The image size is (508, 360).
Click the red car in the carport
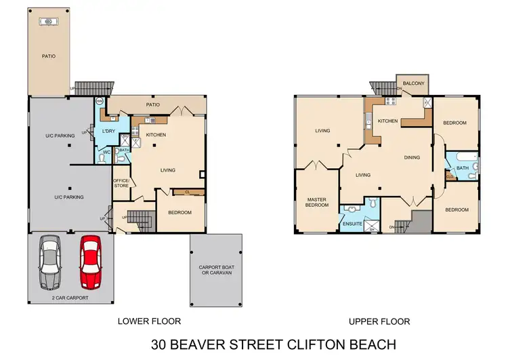tap(90, 261)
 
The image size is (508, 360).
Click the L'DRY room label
tap(108, 130)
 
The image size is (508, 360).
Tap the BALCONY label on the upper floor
tap(413, 83)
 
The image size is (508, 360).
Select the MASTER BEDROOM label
tap(316, 201)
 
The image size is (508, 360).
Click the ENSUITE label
tap(353, 223)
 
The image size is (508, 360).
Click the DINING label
tap(412, 157)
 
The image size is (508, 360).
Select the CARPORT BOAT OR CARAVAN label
tap(215, 269)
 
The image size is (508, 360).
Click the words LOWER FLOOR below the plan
tap(149, 321)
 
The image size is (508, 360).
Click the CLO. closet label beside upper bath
tap(450, 176)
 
